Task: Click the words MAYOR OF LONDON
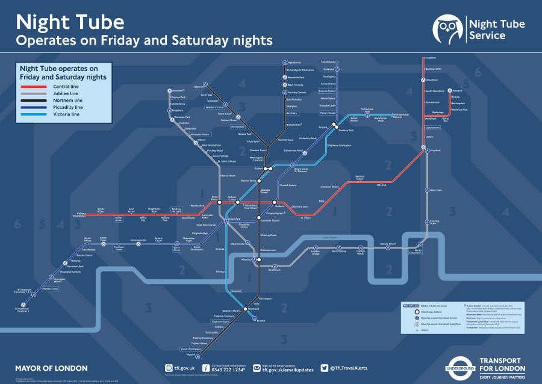click(51, 368)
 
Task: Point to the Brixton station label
click(261, 321)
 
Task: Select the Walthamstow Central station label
click(388, 116)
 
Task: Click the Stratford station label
click(435, 150)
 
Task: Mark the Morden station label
click(190, 355)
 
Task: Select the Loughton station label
click(430, 58)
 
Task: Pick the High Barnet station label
click(295, 63)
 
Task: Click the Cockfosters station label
click(328, 61)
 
